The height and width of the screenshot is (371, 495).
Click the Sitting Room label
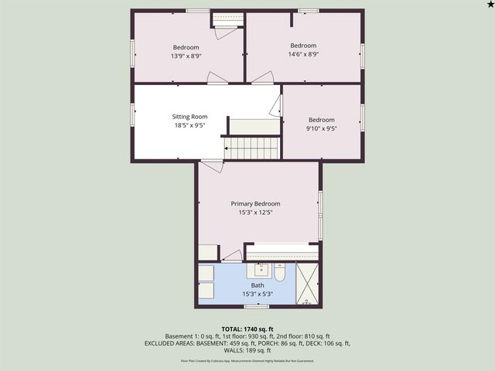tap(189, 117)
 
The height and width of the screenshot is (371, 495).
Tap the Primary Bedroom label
tap(255, 203)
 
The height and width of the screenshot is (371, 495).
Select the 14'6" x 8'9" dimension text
tap(303, 55)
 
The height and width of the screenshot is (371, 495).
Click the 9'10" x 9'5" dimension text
tap(321, 129)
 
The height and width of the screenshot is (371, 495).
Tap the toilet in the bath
tap(280, 272)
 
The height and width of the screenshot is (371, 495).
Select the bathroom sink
tap(260, 271)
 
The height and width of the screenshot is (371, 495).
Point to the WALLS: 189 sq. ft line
tap(247, 350)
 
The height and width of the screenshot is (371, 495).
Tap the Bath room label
tap(257, 285)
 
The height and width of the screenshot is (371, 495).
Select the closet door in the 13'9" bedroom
tap(226, 31)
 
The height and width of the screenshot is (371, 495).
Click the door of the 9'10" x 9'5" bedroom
tap(276, 107)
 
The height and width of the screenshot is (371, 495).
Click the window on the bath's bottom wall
tap(256, 307)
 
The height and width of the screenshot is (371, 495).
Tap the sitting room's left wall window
tap(132, 114)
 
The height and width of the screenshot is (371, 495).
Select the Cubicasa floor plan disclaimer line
tap(247, 360)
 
